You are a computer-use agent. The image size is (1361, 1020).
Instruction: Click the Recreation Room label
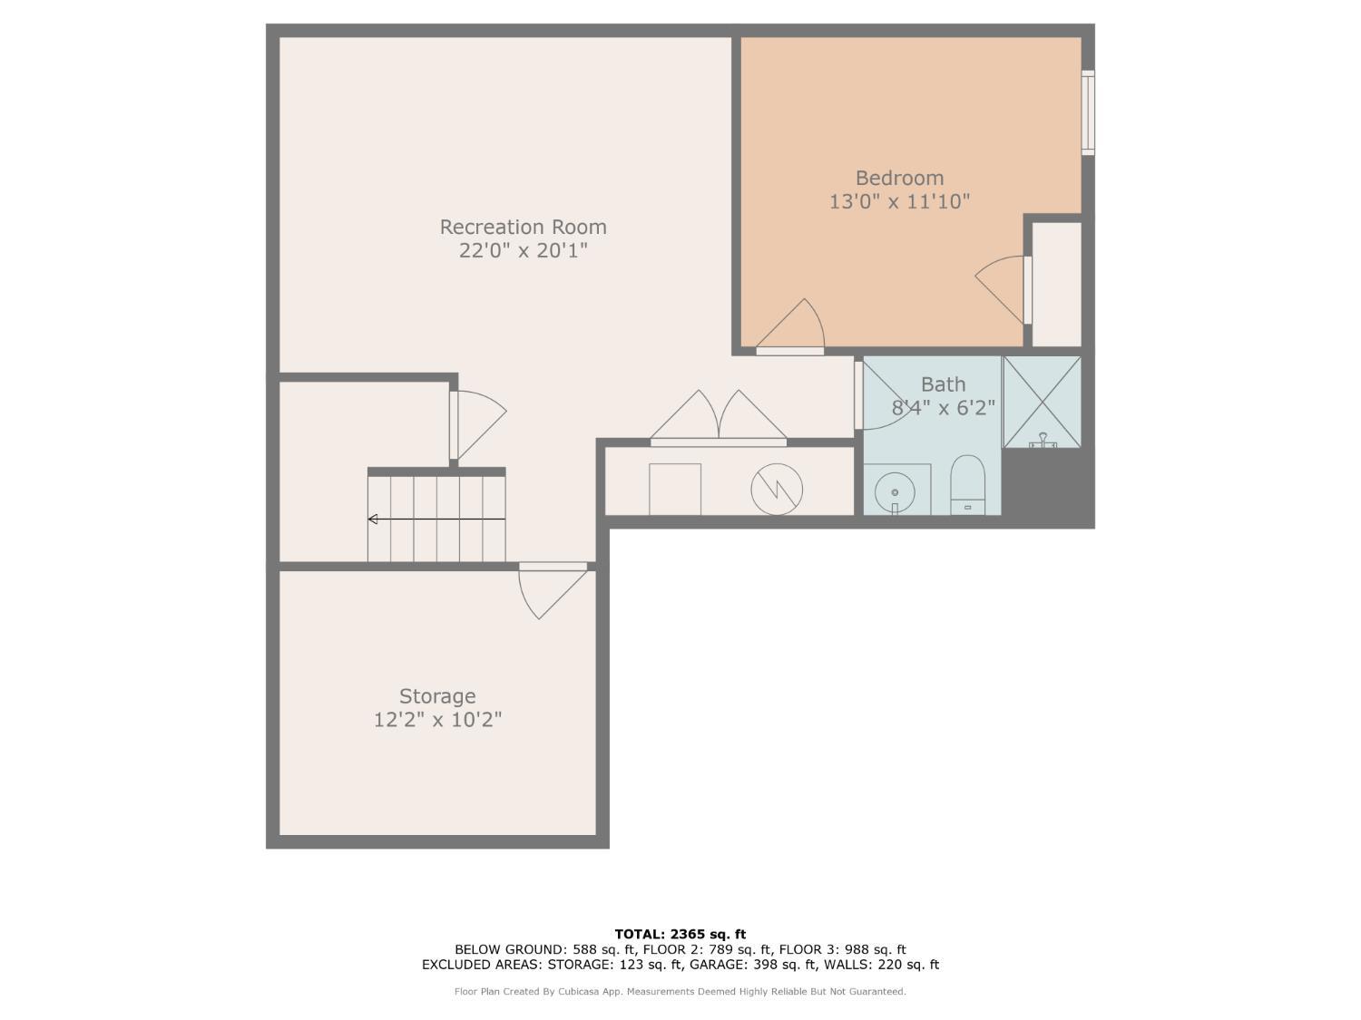pyautogui.click(x=523, y=227)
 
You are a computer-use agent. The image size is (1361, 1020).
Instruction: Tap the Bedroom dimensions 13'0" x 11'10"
pyautogui.click(x=899, y=201)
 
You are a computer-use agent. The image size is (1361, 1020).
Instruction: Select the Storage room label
pyautogui.click(x=437, y=696)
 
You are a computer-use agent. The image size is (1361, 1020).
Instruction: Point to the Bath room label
pyautogui.click(x=943, y=384)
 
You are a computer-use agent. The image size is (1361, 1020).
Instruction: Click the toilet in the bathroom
pyautogui.click(x=967, y=484)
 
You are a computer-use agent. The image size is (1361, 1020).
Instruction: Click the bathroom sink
pyautogui.click(x=895, y=492)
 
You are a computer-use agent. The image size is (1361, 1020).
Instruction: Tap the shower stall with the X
pyautogui.click(x=1042, y=401)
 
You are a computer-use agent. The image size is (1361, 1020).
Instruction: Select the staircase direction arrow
pyautogui.click(x=436, y=519)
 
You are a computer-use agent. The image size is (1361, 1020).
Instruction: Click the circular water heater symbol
pyautogui.click(x=777, y=490)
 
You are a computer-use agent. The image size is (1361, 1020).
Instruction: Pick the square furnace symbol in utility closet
pyautogui.click(x=674, y=490)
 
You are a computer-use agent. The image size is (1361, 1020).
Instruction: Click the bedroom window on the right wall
pyautogui.click(x=1087, y=112)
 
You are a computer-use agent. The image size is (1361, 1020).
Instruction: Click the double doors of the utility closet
pyautogui.click(x=719, y=420)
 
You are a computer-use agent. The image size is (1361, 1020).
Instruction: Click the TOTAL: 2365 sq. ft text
pyautogui.click(x=680, y=934)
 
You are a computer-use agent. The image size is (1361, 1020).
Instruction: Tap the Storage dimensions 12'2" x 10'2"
pyautogui.click(x=437, y=720)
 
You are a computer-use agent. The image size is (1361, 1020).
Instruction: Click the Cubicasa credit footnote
pyautogui.click(x=680, y=992)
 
